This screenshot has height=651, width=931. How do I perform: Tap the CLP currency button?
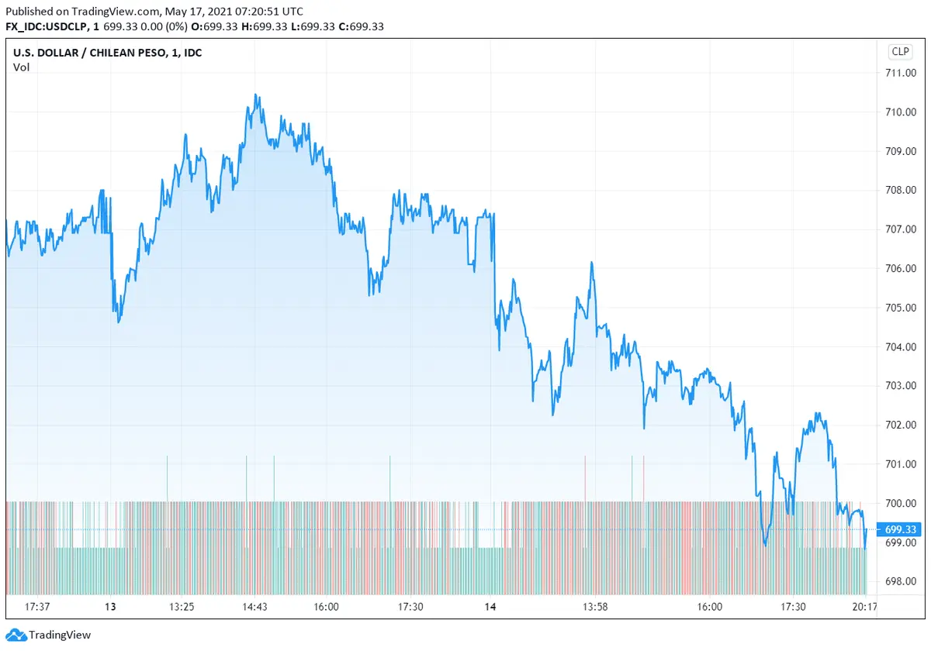tap(900, 52)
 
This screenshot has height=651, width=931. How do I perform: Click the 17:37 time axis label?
tap(38, 607)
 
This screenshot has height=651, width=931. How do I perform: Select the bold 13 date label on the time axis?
tap(110, 607)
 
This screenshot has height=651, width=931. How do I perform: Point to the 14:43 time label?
tap(255, 607)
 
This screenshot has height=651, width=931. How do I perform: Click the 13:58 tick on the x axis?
tap(595, 607)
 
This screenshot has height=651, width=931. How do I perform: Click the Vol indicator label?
tap(21, 67)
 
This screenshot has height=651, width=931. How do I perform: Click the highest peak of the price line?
tap(255, 95)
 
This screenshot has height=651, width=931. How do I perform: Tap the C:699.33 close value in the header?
tap(362, 27)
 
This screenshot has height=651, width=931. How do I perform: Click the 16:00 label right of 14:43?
tap(326, 607)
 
